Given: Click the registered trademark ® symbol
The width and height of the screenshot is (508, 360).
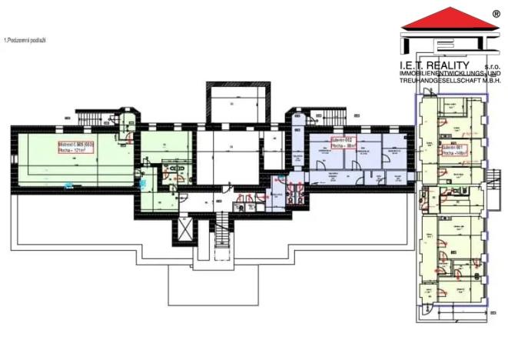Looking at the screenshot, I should click(x=496, y=13).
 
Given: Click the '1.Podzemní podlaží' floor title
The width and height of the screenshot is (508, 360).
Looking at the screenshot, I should click(x=25, y=39).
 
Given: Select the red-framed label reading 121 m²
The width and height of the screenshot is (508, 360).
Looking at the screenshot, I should click(x=75, y=147).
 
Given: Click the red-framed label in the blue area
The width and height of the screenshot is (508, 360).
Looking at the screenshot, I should click(x=342, y=142).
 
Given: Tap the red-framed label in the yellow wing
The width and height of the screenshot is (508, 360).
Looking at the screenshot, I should click(x=453, y=149).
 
